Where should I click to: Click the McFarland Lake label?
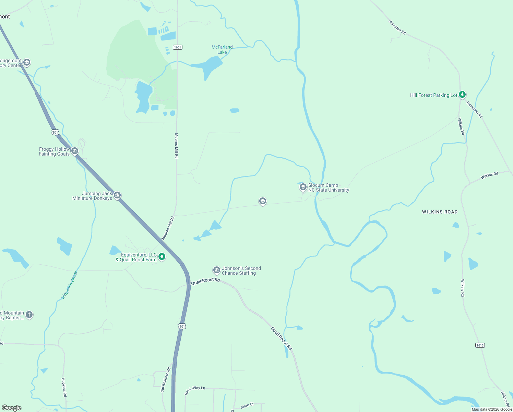click(x=222, y=50)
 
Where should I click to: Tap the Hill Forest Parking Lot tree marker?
click(x=462, y=94)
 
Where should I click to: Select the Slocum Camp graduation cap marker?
click(x=303, y=187)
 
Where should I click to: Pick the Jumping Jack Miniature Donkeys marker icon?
click(x=117, y=195)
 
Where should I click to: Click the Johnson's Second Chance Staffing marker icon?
click(x=216, y=270)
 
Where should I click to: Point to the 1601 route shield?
click(x=177, y=47)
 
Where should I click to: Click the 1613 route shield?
click(x=480, y=345)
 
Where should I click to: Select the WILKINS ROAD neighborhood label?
click(x=440, y=212)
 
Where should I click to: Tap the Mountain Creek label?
click(x=69, y=285)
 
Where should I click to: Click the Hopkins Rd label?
click(x=64, y=387)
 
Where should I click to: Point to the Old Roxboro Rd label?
click(x=166, y=380)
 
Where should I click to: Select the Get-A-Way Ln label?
click(x=194, y=390)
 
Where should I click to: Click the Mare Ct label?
click(x=247, y=406)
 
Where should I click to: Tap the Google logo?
click(x=12, y=408)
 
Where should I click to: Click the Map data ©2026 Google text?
click(x=492, y=409)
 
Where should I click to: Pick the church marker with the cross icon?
click(x=29, y=314)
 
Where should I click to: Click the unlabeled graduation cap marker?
click(x=263, y=201)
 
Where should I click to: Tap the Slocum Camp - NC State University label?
click(x=329, y=187)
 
